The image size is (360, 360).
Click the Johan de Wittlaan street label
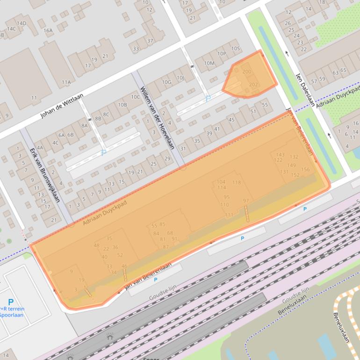tap(62, 105)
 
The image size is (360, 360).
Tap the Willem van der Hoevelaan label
tap(157, 117)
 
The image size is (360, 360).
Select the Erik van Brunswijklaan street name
tap(45, 175)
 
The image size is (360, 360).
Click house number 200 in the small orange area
tap(246, 72)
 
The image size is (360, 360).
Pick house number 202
tap(253, 85)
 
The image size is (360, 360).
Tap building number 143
tap(280, 154)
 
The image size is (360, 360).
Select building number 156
tap(305, 170)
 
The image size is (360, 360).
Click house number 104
tap(221, 182)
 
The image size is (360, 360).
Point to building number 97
tap(245, 201)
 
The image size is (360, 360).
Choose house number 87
tap(166, 246)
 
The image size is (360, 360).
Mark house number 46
tap(124, 266)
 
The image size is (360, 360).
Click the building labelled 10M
tap(209, 63)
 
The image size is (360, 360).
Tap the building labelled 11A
tap(66, 82)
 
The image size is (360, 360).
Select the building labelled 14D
tap(22, 23)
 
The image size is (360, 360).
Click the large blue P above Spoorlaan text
tap(10, 302)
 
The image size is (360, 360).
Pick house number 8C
tap(106, 114)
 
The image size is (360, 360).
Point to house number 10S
tap(235, 48)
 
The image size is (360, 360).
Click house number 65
tap(343, 70)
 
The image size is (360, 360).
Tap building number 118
tap(237, 182)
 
